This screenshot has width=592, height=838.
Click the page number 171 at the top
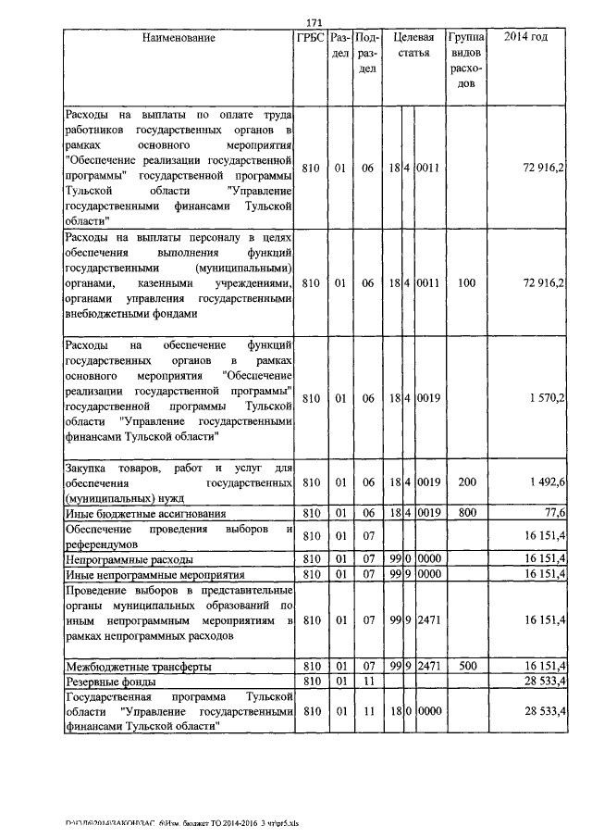[x=312, y=22]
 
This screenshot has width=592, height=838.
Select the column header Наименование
[x=179, y=38]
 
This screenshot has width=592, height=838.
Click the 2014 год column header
[x=525, y=38]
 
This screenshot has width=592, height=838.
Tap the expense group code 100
[x=466, y=282]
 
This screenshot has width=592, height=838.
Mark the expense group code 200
[x=466, y=482]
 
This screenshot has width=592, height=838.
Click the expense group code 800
[x=466, y=512]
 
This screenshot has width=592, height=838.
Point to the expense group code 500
[x=466, y=666]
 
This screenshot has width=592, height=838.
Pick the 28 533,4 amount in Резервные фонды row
[x=545, y=682]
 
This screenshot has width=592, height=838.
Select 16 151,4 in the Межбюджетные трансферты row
[x=545, y=666]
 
